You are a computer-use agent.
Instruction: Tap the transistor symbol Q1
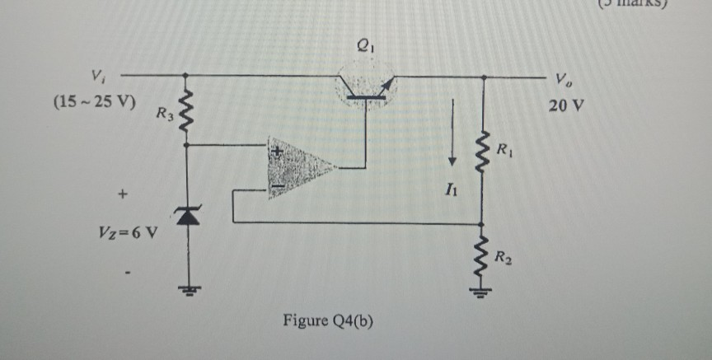tap(365, 86)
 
